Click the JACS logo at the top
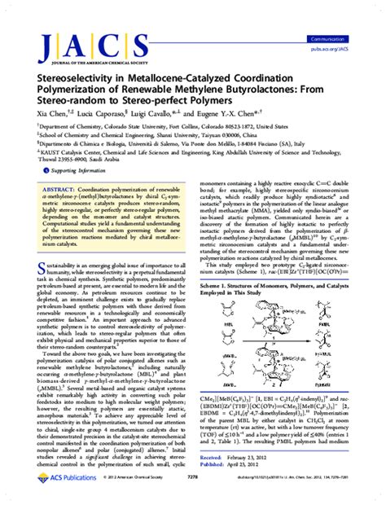pyautogui.click(x=77, y=46)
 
